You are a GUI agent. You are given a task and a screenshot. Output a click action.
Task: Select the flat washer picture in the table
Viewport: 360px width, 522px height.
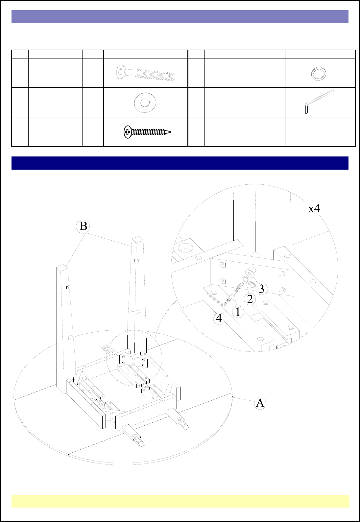click(x=145, y=102)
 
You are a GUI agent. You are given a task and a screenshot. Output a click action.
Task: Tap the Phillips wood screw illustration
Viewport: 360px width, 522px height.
click(x=147, y=132)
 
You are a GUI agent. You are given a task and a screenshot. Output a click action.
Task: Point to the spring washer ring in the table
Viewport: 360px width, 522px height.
click(x=318, y=74)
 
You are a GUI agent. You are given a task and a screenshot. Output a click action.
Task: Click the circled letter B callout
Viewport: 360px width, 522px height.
click(x=83, y=226)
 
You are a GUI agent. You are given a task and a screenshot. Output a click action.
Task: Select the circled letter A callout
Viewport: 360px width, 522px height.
click(x=260, y=403)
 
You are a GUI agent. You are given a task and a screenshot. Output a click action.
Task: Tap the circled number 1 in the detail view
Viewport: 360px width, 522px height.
click(x=238, y=312)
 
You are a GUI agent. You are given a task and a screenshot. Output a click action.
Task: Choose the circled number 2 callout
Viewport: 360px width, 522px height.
click(x=250, y=299)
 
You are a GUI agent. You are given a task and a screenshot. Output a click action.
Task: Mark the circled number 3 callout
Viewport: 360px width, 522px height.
click(x=261, y=289)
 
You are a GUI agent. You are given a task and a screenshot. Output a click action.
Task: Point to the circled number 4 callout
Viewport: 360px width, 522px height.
click(x=219, y=319)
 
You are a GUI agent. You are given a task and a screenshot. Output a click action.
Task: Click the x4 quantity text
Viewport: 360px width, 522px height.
click(x=314, y=208)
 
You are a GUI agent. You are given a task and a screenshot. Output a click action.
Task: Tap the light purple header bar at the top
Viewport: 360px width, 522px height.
click(x=180, y=16)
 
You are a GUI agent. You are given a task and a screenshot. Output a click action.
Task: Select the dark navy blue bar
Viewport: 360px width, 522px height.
click(x=180, y=163)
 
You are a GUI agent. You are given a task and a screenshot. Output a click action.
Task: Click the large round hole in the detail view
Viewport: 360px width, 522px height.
click(x=185, y=249)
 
